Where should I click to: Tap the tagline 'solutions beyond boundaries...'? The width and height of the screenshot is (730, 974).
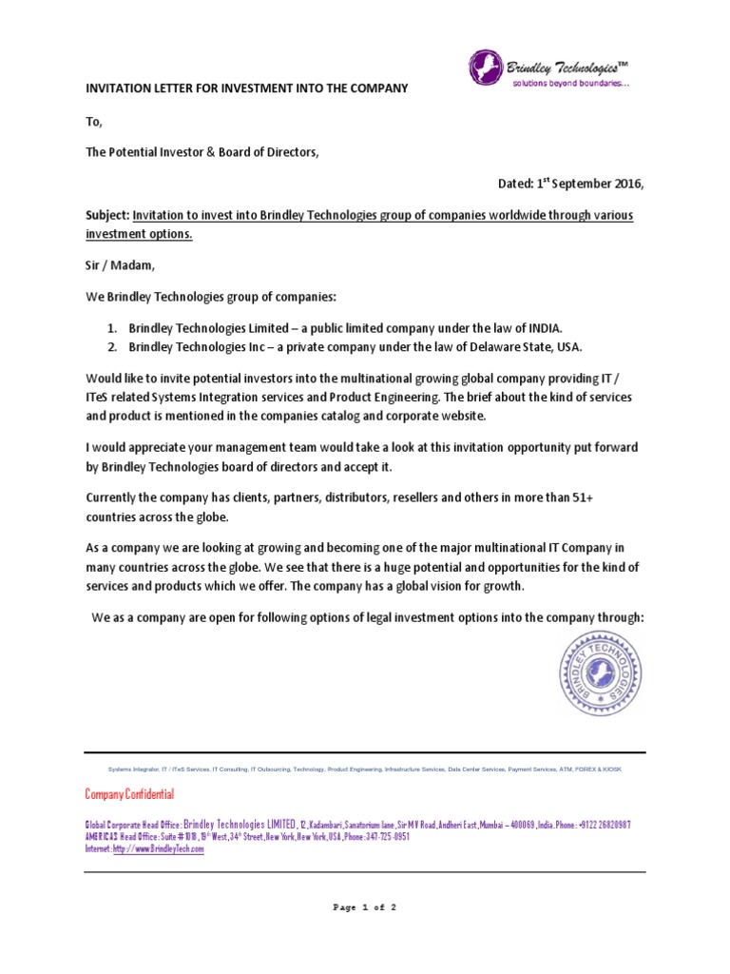coord(570,85)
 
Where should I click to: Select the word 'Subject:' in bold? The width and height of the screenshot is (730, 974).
coord(106,216)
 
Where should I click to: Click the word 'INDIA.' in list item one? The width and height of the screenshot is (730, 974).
coord(545,327)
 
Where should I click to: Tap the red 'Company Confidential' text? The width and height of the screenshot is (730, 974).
coord(129,793)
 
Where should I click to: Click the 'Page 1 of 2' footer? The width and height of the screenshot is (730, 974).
coord(364,907)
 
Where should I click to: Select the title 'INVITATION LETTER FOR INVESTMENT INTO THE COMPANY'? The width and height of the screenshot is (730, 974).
coord(246,88)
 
